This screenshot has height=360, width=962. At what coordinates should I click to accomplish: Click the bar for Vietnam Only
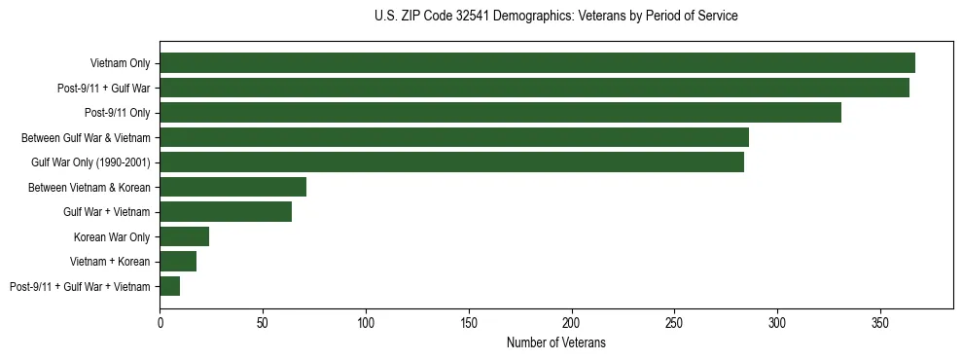537,63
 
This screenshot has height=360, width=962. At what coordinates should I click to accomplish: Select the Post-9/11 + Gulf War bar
534,88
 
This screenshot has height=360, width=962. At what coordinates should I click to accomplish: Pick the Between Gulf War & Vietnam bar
454,137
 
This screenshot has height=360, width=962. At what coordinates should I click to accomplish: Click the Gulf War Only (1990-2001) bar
451,162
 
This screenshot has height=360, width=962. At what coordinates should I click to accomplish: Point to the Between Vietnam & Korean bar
232,187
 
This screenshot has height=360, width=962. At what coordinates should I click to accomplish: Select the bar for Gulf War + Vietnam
226,212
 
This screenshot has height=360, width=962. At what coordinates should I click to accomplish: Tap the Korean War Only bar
184,236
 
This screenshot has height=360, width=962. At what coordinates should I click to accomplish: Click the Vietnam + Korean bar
178,262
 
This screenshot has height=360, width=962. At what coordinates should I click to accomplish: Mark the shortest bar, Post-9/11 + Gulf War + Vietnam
169,286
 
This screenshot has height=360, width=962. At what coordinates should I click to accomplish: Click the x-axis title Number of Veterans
555,342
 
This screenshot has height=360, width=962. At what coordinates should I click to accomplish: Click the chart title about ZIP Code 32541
555,17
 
